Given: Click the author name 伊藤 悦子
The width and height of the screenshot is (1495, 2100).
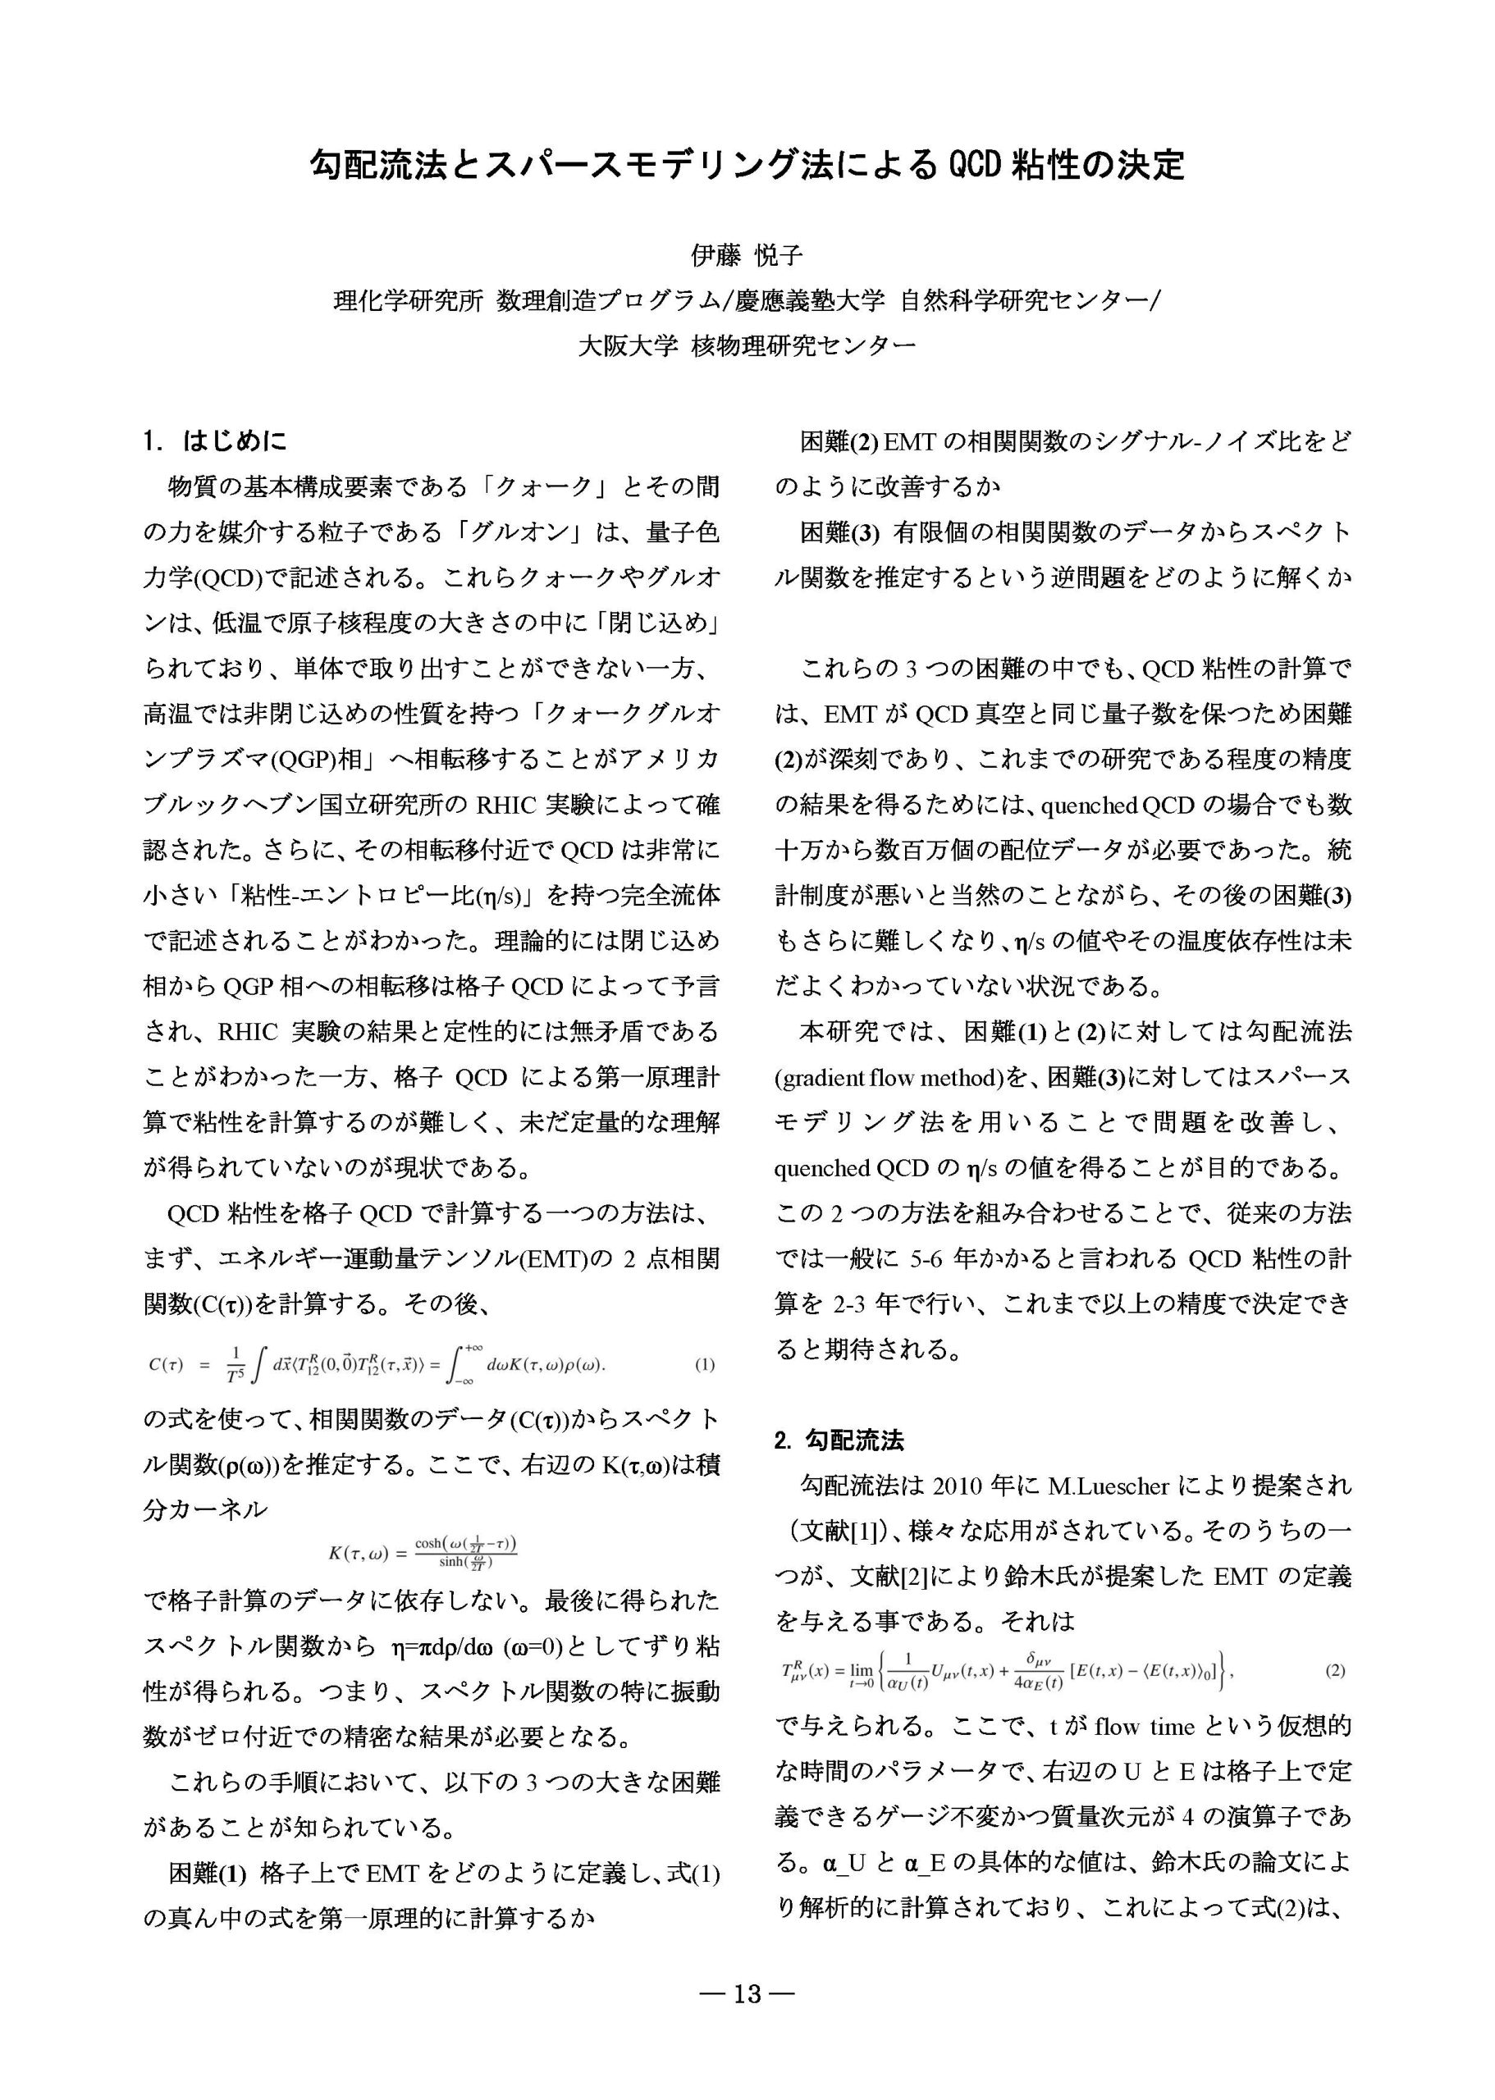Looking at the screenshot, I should pos(747,254).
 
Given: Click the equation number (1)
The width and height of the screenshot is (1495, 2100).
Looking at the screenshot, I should pos(704,1365).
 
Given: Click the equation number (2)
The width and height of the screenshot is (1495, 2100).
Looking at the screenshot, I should pos(1335,1670).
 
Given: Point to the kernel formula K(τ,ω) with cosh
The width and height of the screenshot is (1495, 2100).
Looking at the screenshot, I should pos(423,1553).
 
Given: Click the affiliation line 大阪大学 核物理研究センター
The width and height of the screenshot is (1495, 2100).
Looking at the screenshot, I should pos(747,346).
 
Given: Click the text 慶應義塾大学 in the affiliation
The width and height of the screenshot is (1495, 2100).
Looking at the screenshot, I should pos(809,301).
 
